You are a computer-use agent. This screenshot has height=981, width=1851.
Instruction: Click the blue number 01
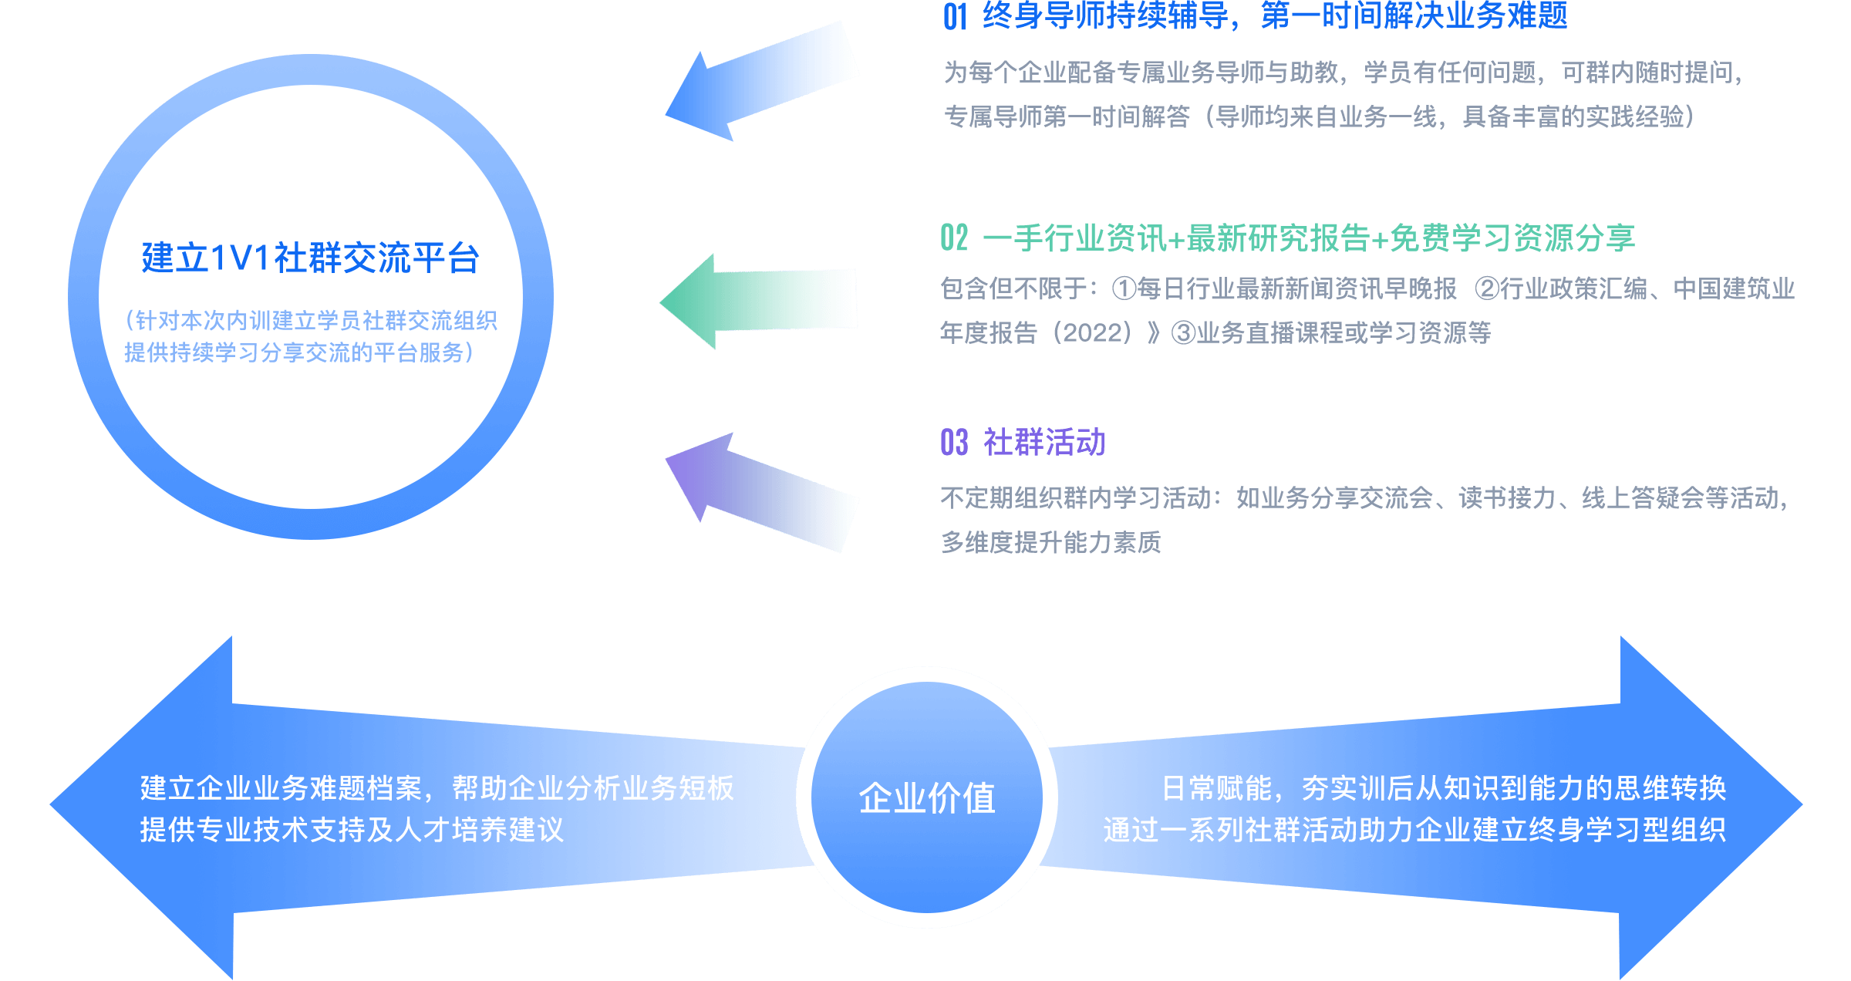click(955, 17)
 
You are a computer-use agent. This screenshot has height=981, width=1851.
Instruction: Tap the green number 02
click(954, 238)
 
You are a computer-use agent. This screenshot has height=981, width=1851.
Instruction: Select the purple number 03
click(954, 443)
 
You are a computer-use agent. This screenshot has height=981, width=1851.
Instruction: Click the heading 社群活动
click(1044, 443)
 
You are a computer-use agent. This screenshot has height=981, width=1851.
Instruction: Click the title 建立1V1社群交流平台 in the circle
click(310, 258)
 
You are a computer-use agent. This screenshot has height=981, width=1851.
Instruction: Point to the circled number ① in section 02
click(1124, 289)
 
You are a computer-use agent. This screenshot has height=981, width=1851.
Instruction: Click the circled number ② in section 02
click(1487, 289)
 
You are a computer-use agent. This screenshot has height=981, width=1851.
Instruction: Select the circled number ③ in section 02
click(1183, 333)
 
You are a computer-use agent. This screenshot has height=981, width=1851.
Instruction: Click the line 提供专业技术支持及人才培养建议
click(352, 830)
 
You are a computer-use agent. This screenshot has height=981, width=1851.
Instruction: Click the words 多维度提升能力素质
click(1050, 542)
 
